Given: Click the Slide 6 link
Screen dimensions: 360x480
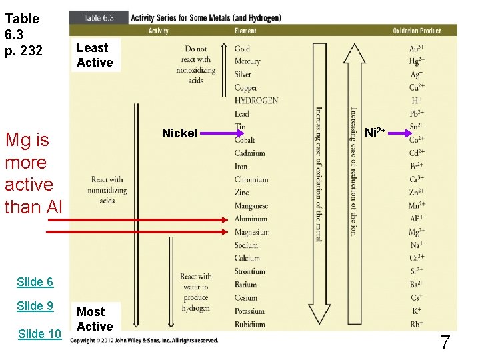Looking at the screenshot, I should point(35,281).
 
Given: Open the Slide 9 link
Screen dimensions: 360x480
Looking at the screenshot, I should point(35,306).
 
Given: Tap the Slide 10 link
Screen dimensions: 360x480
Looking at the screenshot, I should point(39,334).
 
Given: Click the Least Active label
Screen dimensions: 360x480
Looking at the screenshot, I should point(94,55).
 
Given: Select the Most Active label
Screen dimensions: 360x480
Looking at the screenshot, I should point(94,319).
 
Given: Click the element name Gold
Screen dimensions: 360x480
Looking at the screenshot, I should point(242,49).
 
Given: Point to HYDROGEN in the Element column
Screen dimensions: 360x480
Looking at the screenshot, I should point(256,101).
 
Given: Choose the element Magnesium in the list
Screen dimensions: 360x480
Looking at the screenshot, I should point(252,232).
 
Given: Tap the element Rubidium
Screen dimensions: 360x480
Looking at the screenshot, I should point(250,325).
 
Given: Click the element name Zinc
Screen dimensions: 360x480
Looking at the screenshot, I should point(242,193).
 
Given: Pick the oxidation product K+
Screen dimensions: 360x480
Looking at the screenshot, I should point(417,311).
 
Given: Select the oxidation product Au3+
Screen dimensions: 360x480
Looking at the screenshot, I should point(417,49).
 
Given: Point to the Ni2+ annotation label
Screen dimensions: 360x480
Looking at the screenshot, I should point(375,133).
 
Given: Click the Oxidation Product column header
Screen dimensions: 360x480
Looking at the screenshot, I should point(417,31).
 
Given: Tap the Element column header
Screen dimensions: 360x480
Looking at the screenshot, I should point(245,31).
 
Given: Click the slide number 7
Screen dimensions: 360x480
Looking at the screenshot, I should point(445,343).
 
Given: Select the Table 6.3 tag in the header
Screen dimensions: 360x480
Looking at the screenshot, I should point(99,18).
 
